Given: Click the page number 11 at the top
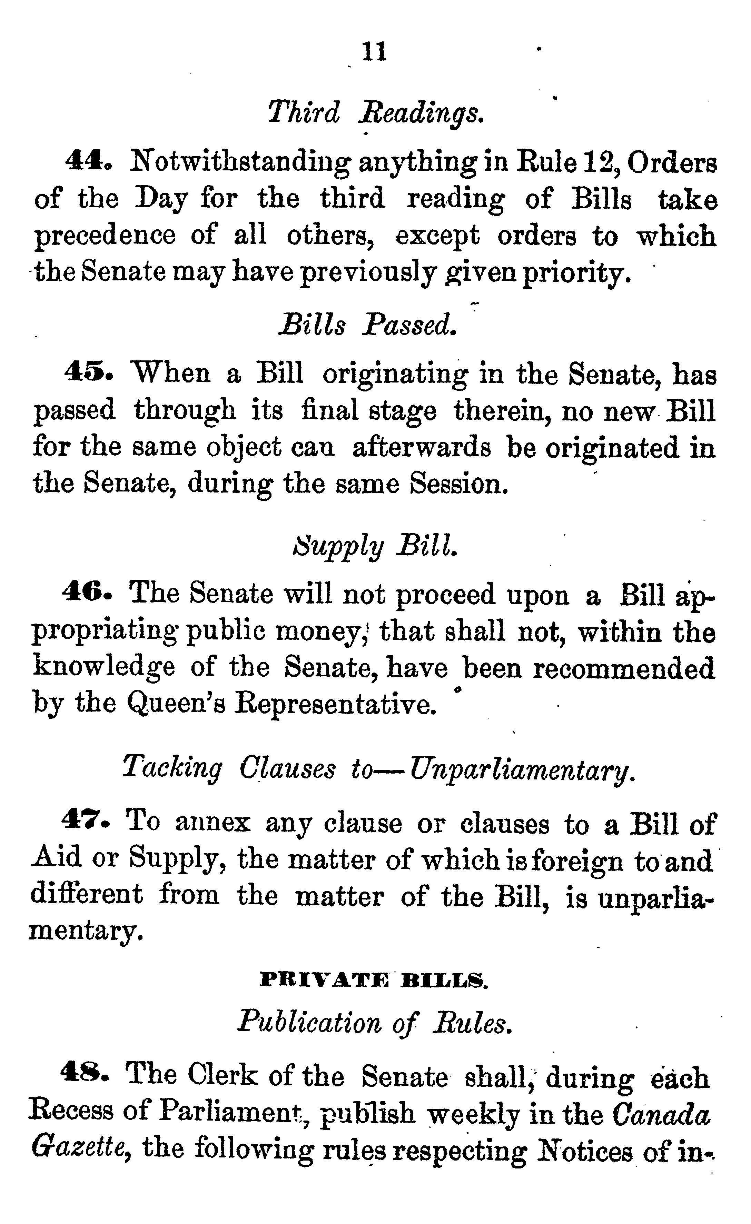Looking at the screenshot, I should [374, 52].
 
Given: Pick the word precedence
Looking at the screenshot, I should [105, 236].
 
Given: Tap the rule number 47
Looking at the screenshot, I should [86, 820].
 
